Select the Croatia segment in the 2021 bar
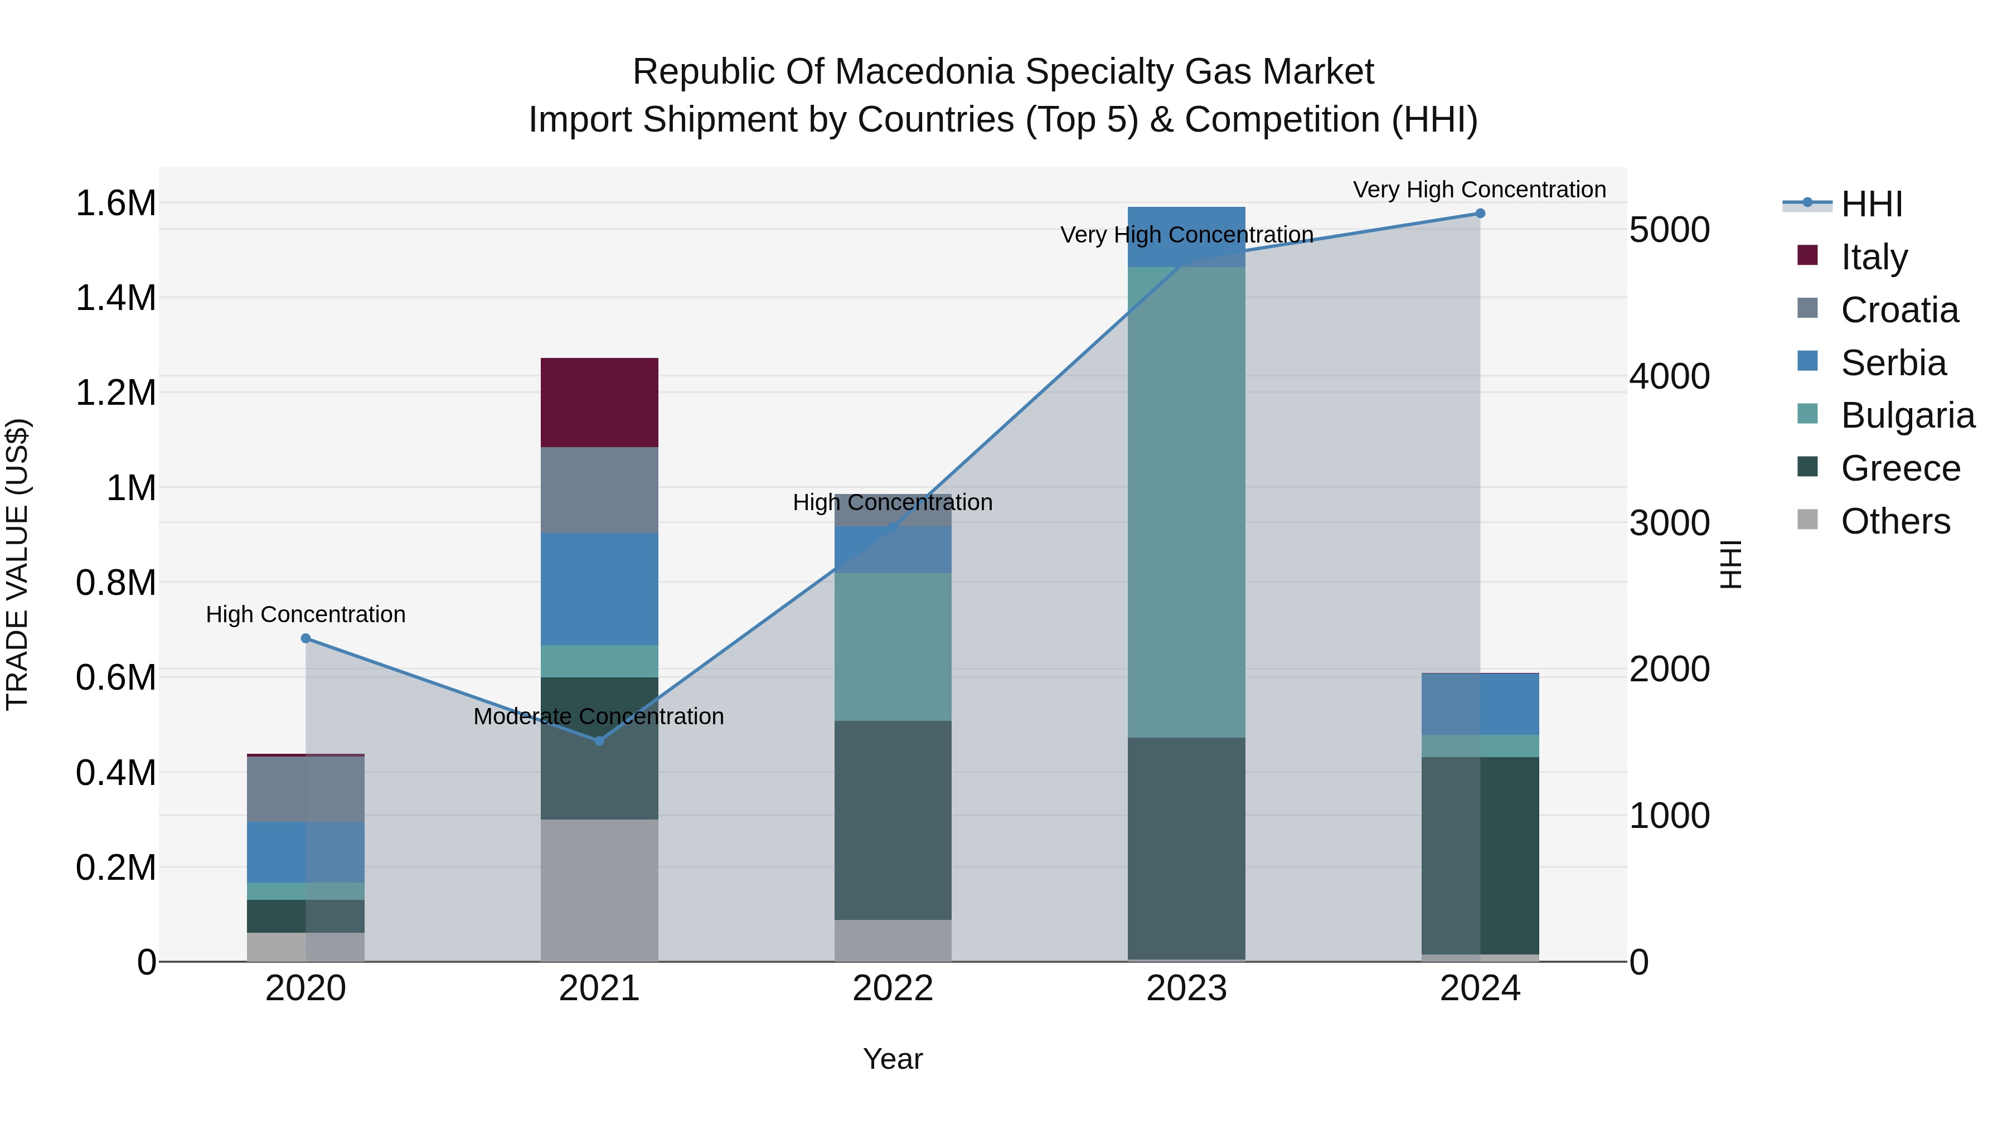pos(599,490)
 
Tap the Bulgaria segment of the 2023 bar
pos(1186,502)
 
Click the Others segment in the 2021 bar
pos(599,890)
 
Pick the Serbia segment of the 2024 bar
pos(1480,704)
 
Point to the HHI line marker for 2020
pos(306,638)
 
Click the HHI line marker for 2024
pos(1480,214)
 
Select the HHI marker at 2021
pos(599,741)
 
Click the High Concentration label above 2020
pos(306,614)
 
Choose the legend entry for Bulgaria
pos(1907,415)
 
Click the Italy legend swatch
pos(1807,255)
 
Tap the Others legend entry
pos(1895,521)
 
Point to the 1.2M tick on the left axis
pos(115,393)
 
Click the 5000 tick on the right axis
pos(1669,230)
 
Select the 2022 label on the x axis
pos(893,989)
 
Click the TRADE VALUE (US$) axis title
pos(17,564)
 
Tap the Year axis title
pos(893,1059)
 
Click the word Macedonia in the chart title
pos(925,72)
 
